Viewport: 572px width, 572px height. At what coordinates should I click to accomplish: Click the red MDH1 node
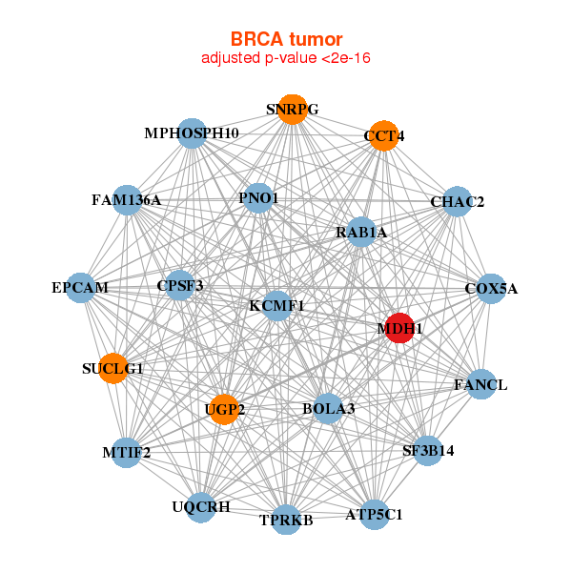coord(399,328)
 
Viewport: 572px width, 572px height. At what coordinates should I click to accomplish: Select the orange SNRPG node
coord(293,110)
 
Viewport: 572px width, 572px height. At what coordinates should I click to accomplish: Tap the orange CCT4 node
coord(384,135)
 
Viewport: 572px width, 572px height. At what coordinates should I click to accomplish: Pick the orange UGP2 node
coord(224,409)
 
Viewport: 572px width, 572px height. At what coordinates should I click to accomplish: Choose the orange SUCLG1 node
coord(113,368)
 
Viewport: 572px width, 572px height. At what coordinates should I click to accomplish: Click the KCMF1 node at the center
coord(277,306)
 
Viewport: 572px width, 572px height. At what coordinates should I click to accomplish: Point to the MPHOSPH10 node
coord(192,133)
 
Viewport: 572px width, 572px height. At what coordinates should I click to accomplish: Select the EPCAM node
coord(80,288)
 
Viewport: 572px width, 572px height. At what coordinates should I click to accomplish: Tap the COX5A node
coord(491,289)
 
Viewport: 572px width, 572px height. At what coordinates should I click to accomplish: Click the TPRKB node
coord(286,520)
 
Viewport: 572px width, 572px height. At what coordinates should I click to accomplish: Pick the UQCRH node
coord(201,507)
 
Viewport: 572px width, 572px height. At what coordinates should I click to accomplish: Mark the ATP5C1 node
coord(375,515)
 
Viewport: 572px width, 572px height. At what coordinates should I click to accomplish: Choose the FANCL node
coord(481,384)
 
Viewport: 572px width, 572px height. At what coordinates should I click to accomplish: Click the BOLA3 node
coord(328,409)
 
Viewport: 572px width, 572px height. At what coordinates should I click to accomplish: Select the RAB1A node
coord(361,232)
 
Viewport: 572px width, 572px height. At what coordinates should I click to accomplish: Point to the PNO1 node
coord(258,198)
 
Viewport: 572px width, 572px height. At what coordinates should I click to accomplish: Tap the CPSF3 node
coord(180,285)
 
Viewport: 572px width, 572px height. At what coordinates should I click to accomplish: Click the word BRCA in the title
coord(256,39)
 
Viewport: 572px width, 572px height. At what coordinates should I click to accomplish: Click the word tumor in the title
coord(316,39)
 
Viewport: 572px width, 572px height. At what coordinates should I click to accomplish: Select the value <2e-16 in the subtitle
coord(346,58)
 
